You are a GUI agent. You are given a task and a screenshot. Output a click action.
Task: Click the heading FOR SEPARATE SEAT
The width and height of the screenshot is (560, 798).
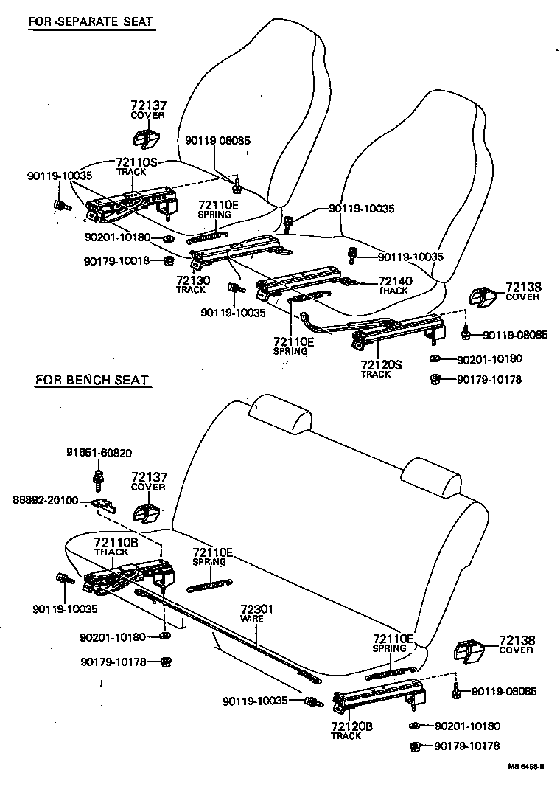click(x=91, y=21)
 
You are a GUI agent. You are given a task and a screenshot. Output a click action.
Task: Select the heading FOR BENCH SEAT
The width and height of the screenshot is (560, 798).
click(x=92, y=381)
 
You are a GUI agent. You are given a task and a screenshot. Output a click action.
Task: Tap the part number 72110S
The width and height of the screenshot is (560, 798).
click(x=137, y=162)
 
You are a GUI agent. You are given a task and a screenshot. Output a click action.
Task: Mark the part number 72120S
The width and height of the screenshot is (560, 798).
click(x=381, y=365)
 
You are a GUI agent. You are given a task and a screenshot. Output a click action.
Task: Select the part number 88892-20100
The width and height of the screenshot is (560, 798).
click(x=44, y=500)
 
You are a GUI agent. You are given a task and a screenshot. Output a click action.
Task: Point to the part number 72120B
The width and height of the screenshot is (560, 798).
click(x=351, y=726)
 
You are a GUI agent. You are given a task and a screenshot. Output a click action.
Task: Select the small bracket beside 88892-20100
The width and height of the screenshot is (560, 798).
click(x=104, y=505)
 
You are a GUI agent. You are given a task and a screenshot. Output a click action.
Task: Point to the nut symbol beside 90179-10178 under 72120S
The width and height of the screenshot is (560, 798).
click(x=435, y=380)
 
